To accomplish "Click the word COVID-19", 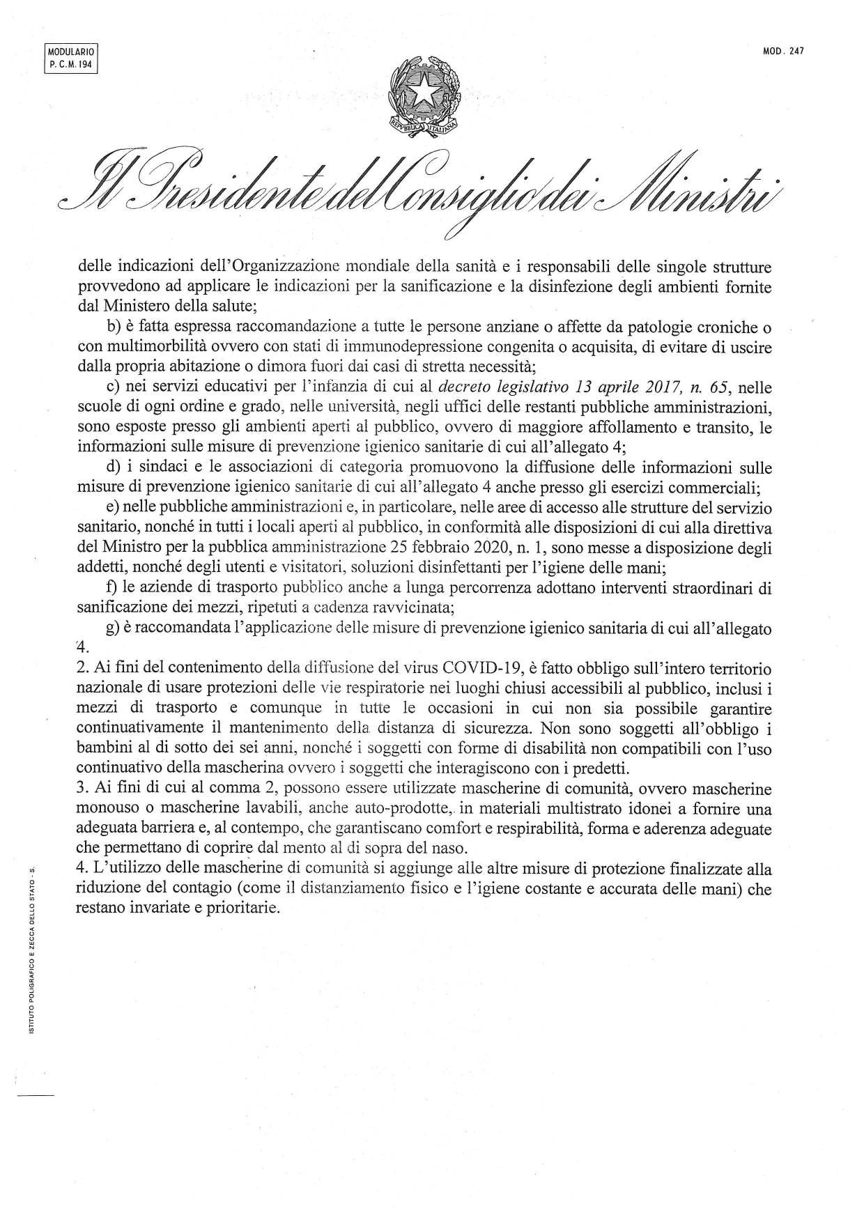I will (x=482, y=669).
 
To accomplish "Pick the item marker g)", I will (x=113, y=628).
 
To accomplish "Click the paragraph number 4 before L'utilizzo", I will (x=81, y=869).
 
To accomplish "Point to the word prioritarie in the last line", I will (x=242, y=909).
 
